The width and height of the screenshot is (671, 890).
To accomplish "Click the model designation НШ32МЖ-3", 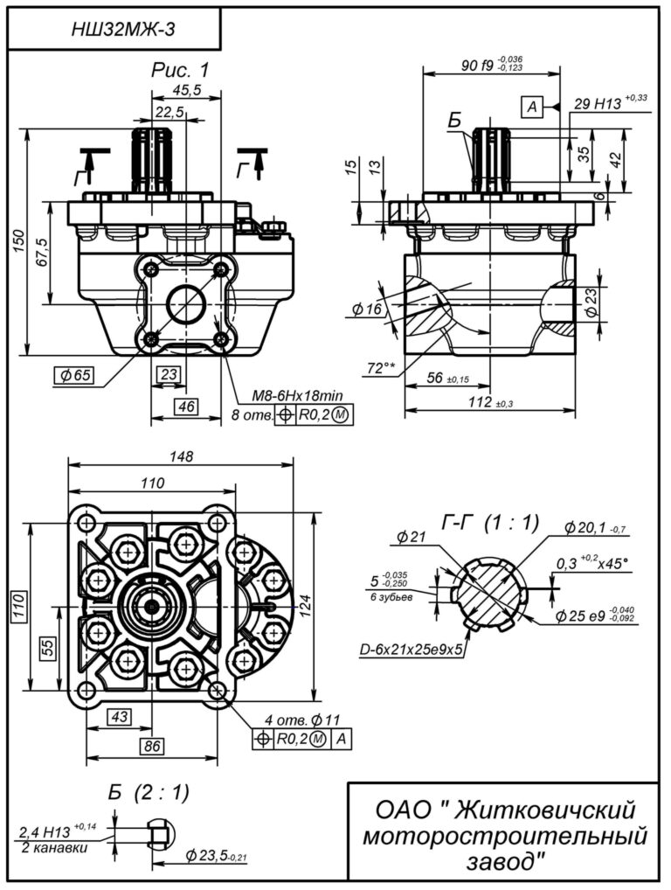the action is click(123, 29).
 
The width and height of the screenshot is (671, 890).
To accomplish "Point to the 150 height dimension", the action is click(18, 242).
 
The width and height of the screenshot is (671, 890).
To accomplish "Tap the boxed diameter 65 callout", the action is click(74, 375).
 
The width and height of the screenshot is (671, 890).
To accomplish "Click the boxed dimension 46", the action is click(186, 406).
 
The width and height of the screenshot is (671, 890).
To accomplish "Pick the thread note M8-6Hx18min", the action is click(297, 395).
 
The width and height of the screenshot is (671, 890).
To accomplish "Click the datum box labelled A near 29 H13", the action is click(531, 106).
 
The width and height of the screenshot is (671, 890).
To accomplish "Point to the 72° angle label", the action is click(381, 368).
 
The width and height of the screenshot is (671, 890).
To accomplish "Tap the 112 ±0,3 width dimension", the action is click(490, 402).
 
